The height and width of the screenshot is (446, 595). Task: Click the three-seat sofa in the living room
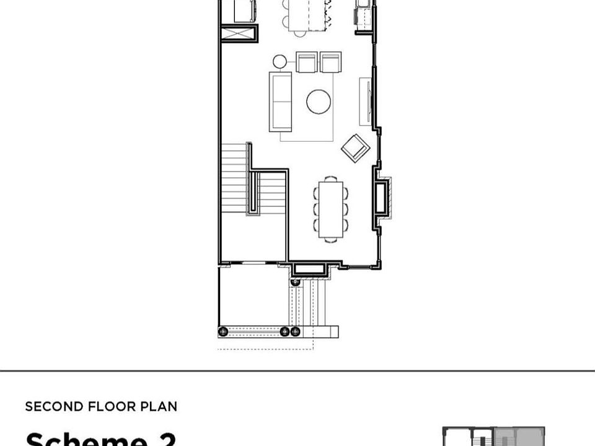tap(280, 102)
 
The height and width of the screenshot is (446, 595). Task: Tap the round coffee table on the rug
tap(319, 102)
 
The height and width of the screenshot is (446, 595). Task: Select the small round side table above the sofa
tap(280, 61)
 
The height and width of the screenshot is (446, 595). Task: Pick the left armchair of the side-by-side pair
tap(307, 63)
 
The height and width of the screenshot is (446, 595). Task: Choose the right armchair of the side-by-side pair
tap(330, 63)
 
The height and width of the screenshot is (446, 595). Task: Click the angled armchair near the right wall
tap(356, 148)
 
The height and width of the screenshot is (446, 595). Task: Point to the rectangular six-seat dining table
tap(330, 209)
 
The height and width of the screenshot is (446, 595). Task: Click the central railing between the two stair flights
tap(252, 180)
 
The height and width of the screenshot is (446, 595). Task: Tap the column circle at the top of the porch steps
tap(296, 282)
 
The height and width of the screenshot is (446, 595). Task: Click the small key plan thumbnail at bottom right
tap(493, 436)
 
